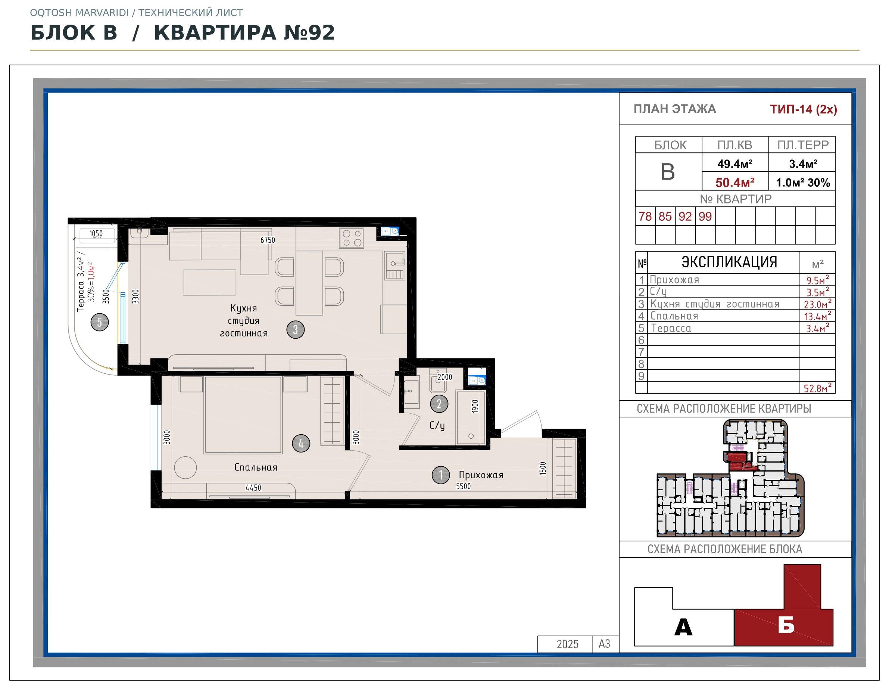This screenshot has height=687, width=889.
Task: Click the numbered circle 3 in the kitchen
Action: (296, 329)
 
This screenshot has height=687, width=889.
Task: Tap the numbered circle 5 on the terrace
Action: (99, 322)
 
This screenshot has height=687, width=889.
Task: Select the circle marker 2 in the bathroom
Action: (439, 404)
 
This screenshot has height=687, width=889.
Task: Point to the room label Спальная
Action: (256, 467)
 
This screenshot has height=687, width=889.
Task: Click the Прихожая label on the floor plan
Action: (481, 475)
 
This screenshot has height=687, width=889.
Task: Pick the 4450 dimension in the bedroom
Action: (253, 488)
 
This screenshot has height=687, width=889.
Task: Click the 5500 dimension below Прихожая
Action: (463, 486)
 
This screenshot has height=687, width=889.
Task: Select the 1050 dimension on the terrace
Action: (96, 234)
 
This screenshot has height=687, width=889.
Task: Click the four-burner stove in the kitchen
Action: (352, 238)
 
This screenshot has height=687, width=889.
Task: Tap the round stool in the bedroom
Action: (185, 467)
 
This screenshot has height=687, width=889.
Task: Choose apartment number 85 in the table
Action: (665, 216)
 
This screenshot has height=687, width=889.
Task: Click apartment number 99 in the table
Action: (705, 216)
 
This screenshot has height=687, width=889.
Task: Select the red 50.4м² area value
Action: (735, 183)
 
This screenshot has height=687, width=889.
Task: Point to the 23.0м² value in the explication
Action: (817, 304)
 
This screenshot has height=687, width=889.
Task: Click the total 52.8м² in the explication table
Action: (817, 388)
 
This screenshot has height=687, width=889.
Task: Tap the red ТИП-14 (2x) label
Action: (803, 109)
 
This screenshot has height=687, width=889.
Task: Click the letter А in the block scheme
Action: (683, 627)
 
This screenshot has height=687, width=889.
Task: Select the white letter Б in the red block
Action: (786, 625)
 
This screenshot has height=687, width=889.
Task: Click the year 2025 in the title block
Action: (567, 644)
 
